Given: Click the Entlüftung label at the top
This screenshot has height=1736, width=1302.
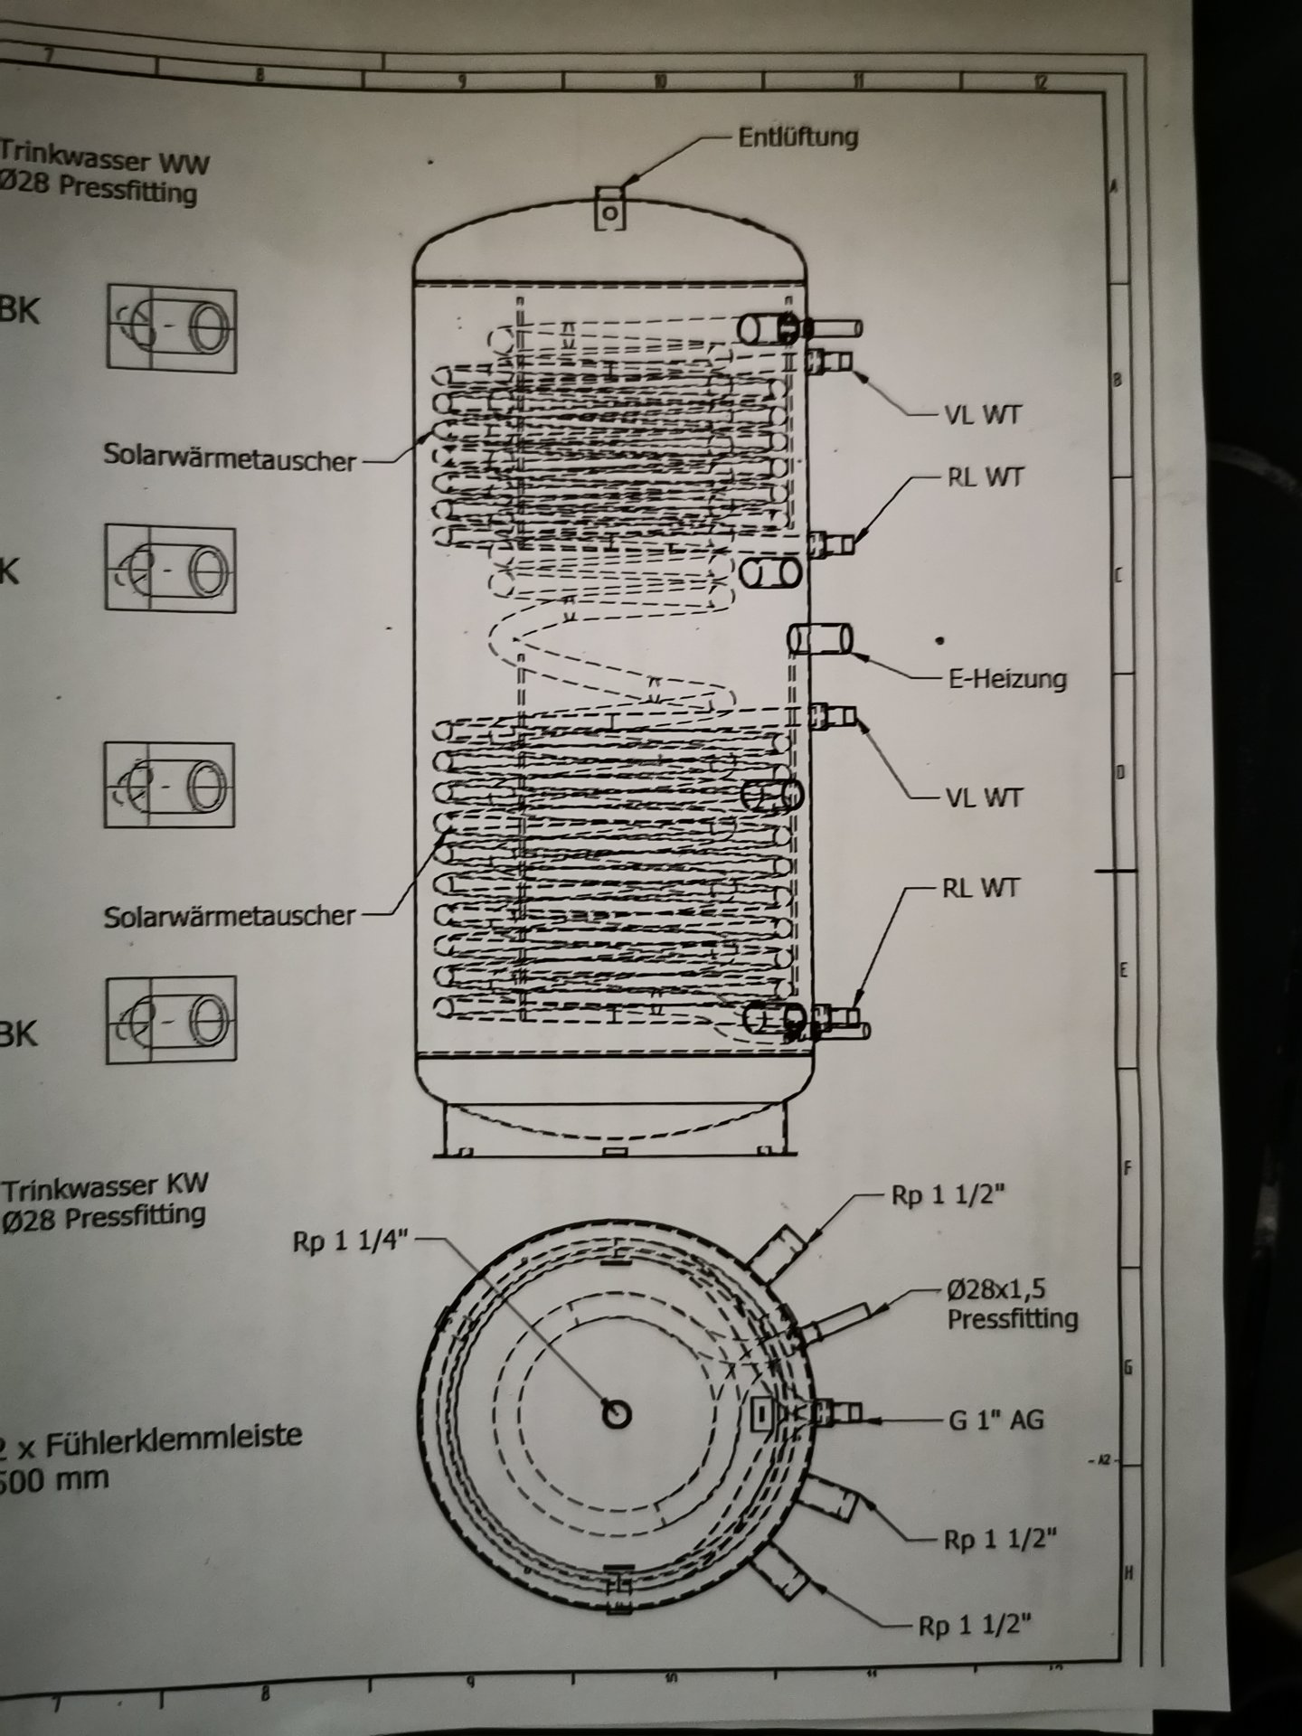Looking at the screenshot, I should [797, 137].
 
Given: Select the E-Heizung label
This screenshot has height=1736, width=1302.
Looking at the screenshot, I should [1006, 678].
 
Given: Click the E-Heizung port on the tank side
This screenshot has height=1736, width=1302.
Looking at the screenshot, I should [820, 638].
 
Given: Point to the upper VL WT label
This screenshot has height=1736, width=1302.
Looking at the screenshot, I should [984, 415].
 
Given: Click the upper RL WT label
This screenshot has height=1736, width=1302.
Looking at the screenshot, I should [985, 476].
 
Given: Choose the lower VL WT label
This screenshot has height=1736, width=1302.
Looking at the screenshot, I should [984, 797].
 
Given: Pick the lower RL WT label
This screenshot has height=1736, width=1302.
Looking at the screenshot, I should [980, 888].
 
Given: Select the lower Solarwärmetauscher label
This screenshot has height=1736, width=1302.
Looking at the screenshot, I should [230, 915].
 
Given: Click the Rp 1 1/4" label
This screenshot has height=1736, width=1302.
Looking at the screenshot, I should [352, 1241].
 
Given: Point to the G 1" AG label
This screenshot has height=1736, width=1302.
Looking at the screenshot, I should [995, 1420].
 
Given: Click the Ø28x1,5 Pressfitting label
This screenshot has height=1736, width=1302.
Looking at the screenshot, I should [1012, 1304].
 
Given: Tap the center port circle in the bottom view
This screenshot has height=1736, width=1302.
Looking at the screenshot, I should [617, 1414].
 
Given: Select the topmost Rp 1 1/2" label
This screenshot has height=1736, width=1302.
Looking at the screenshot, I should [948, 1195].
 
